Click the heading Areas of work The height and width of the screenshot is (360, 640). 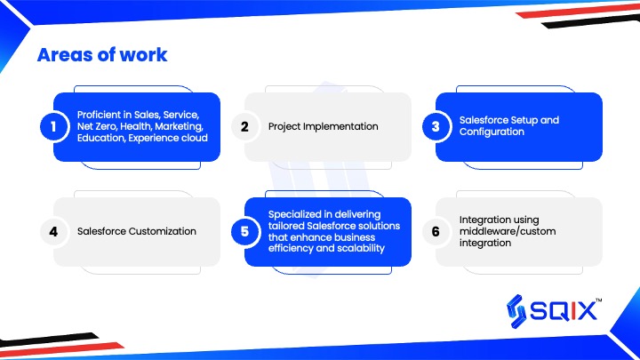[102, 55]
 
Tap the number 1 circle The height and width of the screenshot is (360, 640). [53, 126]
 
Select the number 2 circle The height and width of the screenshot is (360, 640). [244, 126]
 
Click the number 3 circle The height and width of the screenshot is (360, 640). [436, 126]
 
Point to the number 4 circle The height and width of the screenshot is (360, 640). [53, 231]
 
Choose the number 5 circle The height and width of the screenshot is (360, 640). [244, 231]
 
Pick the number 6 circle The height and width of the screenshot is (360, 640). [436, 231]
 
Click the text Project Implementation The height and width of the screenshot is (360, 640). [324, 126]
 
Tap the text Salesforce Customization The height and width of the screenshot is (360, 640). [137, 231]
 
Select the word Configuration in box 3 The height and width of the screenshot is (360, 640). [492, 132]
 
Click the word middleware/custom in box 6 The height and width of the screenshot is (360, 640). [508, 231]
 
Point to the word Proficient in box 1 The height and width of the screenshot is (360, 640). [99, 115]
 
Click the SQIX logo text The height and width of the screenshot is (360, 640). [564, 312]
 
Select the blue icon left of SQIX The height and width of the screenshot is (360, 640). [516, 311]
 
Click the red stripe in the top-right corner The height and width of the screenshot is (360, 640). [578, 11]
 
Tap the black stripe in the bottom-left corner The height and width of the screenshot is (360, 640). [49, 340]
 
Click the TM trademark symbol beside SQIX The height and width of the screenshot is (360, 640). [599, 300]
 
